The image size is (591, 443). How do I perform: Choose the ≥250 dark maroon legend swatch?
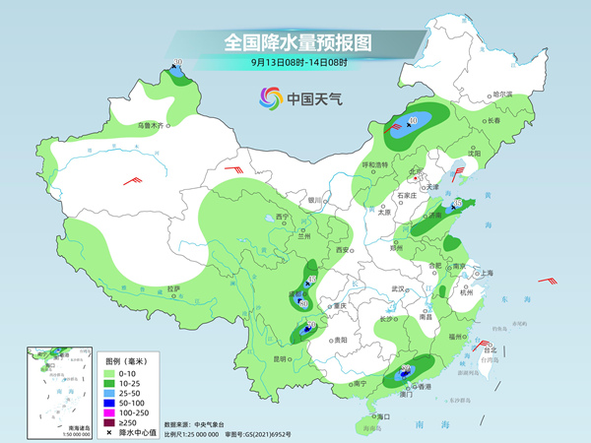[x=111, y=422]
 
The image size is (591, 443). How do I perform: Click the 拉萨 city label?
[x=174, y=288]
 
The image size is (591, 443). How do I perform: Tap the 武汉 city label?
[x=398, y=288]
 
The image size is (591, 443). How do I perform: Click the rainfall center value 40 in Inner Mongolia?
[x=412, y=120]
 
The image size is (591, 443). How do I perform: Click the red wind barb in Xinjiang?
[x=131, y=179]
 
